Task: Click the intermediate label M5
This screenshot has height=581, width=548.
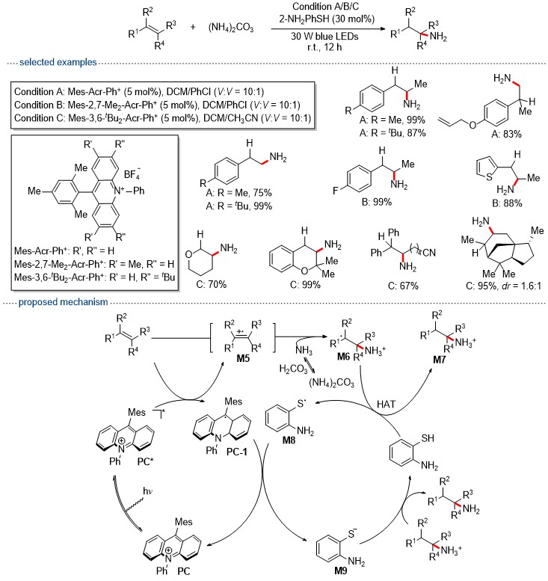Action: coord(243,358)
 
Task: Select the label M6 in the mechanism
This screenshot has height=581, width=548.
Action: coord(343,357)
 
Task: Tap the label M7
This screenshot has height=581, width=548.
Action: coord(439,360)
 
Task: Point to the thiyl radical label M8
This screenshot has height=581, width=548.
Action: coord(289,440)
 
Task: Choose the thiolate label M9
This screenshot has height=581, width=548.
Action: coord(340,571)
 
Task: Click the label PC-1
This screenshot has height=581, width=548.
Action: coord(237,452)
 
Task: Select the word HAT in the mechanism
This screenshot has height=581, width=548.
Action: coord(386,405)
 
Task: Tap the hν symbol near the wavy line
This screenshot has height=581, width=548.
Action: coord(147,491)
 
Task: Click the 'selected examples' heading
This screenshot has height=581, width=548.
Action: coord(58,62)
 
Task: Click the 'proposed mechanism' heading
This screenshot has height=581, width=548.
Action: coord(63,302)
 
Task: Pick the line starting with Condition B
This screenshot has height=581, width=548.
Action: coord(157,105)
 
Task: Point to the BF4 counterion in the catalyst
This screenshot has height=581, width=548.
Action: coord(132,173)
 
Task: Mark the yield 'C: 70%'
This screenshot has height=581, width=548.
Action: coord(211,284)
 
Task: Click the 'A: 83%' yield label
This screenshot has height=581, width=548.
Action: coord(506,134)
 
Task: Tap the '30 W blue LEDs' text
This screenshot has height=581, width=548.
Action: coord(324,37)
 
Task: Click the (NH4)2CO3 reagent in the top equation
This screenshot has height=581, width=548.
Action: coord(231,28)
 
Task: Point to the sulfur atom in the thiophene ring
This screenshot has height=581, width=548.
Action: coord(489,176)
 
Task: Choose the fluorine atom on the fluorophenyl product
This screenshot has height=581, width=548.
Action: coord(335,191)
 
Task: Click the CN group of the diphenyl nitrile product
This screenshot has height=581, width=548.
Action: coord(429,253)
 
